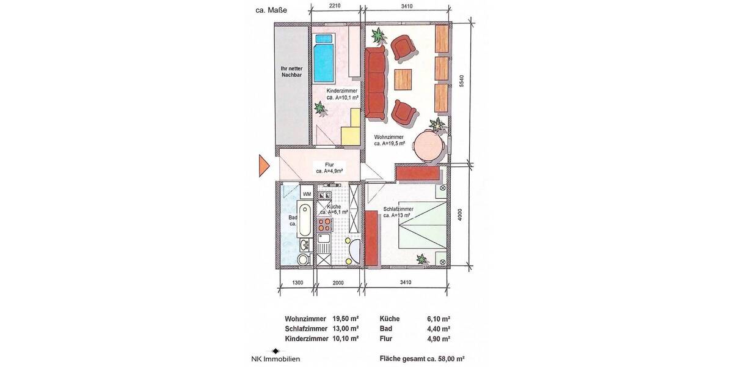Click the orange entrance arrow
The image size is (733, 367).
tap(263, 165)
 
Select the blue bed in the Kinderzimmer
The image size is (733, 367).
tap(324, 59)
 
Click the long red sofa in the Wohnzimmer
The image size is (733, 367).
tap(376, 84)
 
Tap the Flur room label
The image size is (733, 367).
tap(329, 168)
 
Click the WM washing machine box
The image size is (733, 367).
tap(307, 194)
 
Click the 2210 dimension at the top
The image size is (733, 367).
tap(334, 6)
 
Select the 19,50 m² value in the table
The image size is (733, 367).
tap(345, 319)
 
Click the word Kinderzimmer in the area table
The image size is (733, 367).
tap(306, 338)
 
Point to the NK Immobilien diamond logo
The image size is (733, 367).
tap(276, 351)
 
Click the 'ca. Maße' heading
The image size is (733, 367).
tap(272, 10)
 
